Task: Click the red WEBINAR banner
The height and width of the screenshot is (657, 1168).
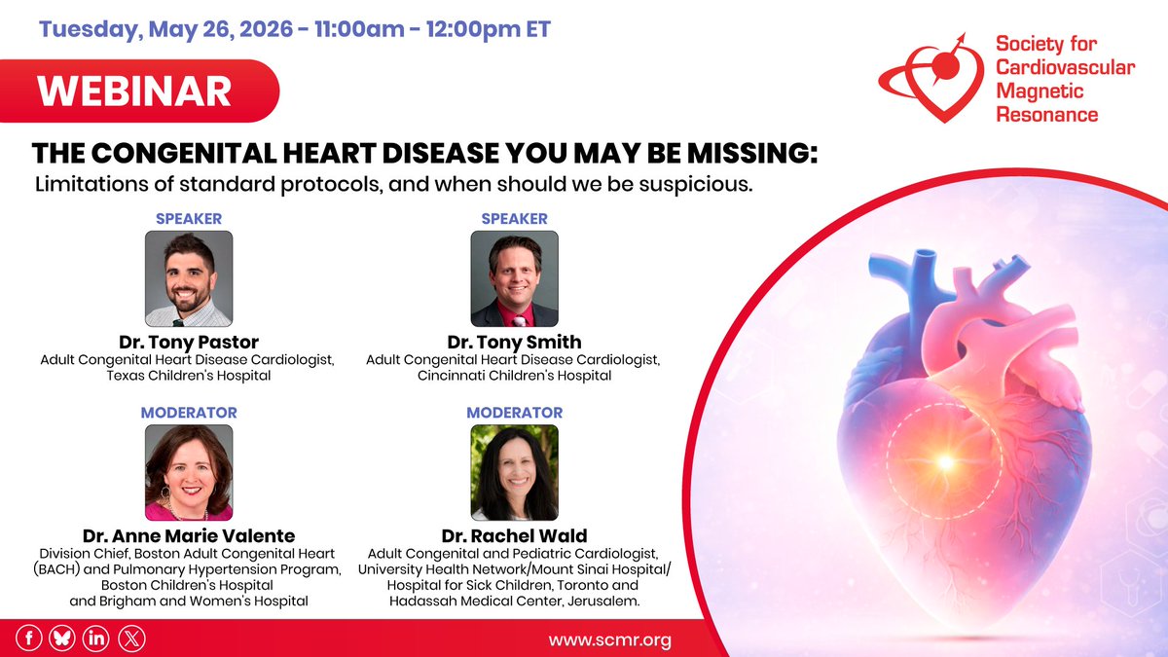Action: click(136, 91)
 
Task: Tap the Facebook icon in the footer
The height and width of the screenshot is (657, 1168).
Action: click(29, 639)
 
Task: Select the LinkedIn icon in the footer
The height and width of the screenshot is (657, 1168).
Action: click(95, 639)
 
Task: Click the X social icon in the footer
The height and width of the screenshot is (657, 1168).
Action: click(129, 639)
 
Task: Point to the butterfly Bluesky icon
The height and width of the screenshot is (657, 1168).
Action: click(62, 639)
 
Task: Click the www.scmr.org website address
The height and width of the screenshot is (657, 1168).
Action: click(609, 640)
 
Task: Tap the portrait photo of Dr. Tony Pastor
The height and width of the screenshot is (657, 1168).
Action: click(189, 278)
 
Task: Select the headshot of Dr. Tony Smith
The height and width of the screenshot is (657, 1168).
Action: click(514, 278)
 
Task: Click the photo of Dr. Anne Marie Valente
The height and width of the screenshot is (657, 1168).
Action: click(189, 472)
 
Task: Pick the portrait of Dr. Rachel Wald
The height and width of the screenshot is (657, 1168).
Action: click(514, 472)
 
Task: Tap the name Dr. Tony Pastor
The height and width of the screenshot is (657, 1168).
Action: click(189, 342)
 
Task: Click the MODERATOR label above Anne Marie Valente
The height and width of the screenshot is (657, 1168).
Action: click(189, 413)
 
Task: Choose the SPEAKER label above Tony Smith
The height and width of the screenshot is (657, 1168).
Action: click(514, 219)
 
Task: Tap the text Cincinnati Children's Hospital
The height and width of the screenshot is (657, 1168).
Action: click(514, 376)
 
